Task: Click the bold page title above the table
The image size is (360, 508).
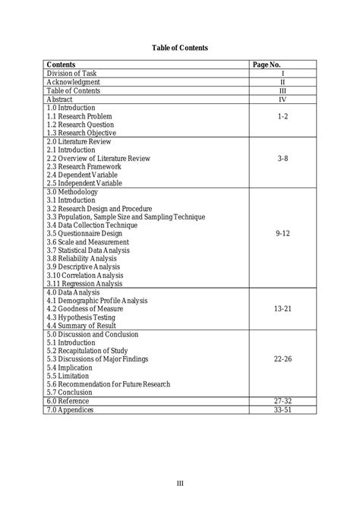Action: [x=180, y=48]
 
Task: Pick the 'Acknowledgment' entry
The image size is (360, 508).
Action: [x=73, y=82]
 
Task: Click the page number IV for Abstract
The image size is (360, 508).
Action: [x=282, y=99]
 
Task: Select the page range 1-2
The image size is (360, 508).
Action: [x=282, y=117]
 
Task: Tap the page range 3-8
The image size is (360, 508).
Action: [x=282, y=159]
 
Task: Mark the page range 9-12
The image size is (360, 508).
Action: [x=282, y=234]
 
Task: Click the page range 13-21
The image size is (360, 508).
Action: [x=282, y=308]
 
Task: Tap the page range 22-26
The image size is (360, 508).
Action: [x=282, y=358]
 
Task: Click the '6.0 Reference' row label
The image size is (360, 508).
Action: [x=68, y=400]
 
